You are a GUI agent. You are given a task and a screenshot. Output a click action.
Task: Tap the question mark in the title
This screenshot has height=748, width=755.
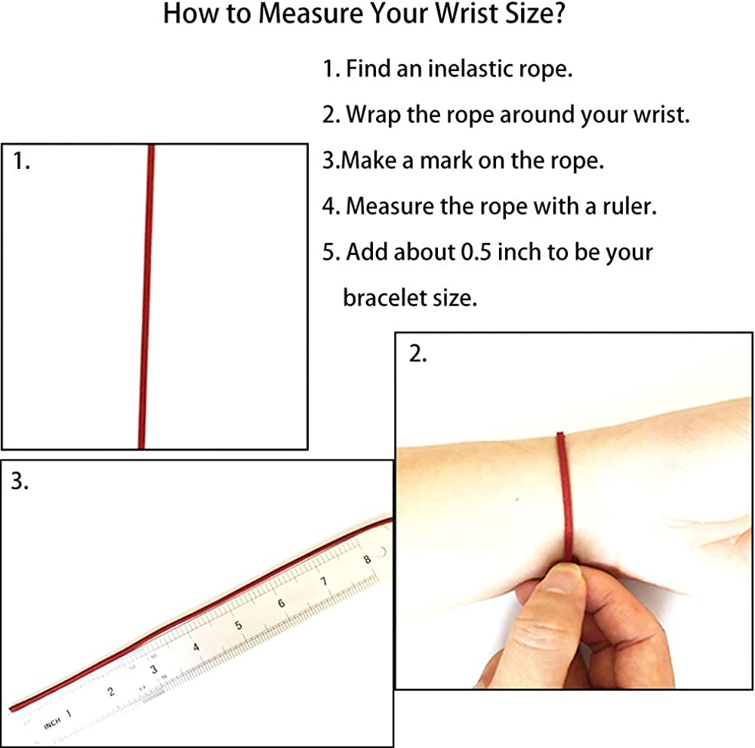[x=559, y=13]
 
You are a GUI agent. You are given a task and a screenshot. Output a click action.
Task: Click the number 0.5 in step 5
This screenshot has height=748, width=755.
[x=476, y=252]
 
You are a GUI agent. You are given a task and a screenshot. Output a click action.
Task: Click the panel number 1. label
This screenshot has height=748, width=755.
[x=21, y=161]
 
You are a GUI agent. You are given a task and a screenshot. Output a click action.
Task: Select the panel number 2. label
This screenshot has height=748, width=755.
[x=418, y=354]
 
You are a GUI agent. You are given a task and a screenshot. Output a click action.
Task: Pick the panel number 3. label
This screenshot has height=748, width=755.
[x=20, y=481]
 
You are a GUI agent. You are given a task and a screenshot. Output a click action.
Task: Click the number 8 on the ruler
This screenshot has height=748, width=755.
[x=368, y=559]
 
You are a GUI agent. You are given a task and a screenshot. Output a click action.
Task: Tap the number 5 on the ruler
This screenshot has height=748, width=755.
[x=239, y=625]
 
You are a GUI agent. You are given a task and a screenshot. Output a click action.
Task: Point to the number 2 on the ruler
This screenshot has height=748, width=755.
[x=111, y=691]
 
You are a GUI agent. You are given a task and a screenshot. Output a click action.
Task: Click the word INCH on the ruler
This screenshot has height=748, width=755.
[x=53, y=722]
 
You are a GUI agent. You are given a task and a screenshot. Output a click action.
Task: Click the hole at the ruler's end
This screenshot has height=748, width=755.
[x=381, y=552]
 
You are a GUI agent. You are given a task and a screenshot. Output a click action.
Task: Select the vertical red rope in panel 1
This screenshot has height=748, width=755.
[x=146, y=297]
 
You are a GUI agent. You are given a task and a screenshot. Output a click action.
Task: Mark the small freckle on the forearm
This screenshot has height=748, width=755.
[x=517, y=500]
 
